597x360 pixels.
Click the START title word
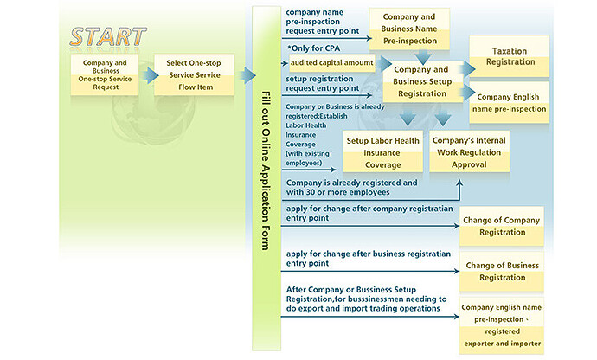108,37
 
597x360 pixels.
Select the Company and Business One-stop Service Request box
105,74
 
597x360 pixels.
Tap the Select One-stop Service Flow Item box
194,74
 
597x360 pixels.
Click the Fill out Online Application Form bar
266,178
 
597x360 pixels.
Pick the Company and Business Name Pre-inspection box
409,29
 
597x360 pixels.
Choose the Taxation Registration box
510,56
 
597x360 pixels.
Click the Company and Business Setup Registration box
422,81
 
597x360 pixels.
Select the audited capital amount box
332,63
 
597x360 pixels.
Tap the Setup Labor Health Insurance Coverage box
382,153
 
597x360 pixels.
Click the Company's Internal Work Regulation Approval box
470,152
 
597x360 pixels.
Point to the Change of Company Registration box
502,226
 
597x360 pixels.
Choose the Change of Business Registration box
502,271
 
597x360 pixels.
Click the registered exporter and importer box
502,325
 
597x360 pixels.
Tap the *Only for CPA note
314,48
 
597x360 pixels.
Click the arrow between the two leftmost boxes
150,75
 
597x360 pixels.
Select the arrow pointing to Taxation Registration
468,69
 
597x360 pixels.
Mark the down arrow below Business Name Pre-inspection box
422,57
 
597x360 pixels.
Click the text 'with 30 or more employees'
337,192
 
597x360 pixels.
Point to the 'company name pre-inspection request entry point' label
323,22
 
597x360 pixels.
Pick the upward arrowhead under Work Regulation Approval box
459,183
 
